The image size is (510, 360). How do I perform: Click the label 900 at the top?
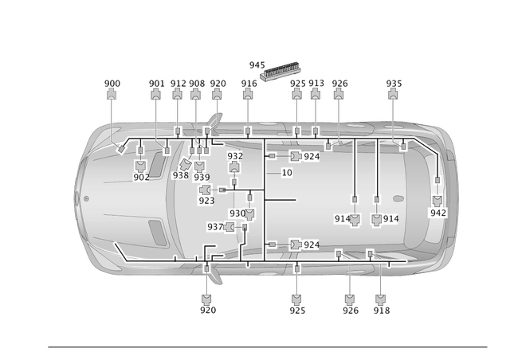point(112,83)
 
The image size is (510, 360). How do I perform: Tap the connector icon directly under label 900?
point(112,95)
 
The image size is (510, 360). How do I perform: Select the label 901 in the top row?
point(156,83)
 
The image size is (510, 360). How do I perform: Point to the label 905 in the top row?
point(196,83)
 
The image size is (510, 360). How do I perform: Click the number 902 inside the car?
point(141,177)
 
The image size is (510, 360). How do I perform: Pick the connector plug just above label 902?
point(141,166)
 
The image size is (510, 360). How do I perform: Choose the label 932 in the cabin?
point(235,156)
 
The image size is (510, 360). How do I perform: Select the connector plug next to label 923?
point(205,190)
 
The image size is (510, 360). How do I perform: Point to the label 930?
point(237,213)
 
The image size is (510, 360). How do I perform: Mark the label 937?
point(215,227)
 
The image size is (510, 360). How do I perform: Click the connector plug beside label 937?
point(232,228)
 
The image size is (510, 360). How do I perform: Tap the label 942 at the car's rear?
point(438,213)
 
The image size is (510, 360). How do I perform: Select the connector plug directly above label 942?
point(438,200)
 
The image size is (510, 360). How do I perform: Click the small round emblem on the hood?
point(86,198)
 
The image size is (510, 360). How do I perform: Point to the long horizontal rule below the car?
point(267,347)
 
